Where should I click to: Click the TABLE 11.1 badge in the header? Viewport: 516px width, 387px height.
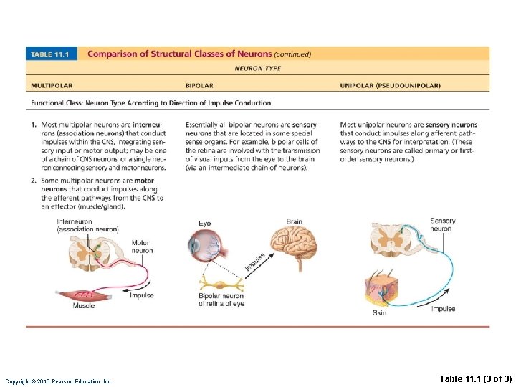(52, 54)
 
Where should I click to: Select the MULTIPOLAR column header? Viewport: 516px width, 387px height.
(52, 86)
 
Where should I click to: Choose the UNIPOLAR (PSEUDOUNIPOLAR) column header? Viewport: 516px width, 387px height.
(390, 86)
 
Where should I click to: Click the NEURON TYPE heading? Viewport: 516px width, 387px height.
(258, 69)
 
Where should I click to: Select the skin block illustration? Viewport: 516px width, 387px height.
(383, 290)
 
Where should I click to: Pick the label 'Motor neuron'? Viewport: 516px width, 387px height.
(142, 247)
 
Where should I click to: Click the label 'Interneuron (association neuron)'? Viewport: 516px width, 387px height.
(87, 225)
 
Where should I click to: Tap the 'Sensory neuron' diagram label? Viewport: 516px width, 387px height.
(442, 224)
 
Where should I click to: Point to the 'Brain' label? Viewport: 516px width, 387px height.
(295, 222)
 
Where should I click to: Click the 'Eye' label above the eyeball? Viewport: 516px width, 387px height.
(204, 224)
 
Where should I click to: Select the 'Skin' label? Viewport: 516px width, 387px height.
(379, 313)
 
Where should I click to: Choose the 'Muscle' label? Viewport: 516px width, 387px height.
(84, 306)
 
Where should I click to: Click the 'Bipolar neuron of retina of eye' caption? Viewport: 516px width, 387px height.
(221, 300)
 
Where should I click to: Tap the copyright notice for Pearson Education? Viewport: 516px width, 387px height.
(58, 381)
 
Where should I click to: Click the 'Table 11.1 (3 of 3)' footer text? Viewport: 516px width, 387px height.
(474, 378)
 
